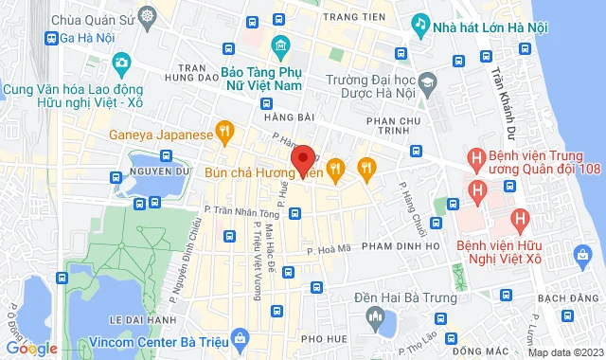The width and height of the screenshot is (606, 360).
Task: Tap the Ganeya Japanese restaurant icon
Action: click(x=224, y=134)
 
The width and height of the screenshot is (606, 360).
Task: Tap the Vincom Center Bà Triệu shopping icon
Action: click(x=241, y=338)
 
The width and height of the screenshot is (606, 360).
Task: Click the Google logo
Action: click(x=30, y=348)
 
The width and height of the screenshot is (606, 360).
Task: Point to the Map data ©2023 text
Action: click(x=564, y=352)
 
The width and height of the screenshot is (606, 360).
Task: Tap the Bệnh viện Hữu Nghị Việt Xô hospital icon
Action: click(x=518, y=220)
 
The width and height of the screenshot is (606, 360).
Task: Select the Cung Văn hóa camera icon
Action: click(x=121, y=64)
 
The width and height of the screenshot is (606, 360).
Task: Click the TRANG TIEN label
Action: click(x=351, y=17)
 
